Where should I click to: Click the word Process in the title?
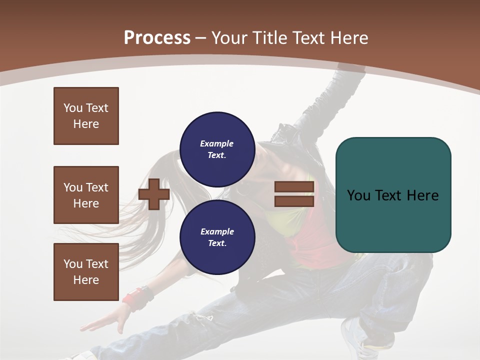157,37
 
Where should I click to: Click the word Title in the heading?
268,37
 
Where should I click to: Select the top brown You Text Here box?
86,116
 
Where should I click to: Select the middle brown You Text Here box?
86,195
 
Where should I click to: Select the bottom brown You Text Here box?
86,272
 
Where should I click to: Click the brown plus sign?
154,194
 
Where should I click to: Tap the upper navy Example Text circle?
217,149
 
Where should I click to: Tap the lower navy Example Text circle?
217,237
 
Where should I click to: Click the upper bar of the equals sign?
294,187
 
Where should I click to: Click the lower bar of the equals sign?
294,201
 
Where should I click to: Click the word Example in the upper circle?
217,143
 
